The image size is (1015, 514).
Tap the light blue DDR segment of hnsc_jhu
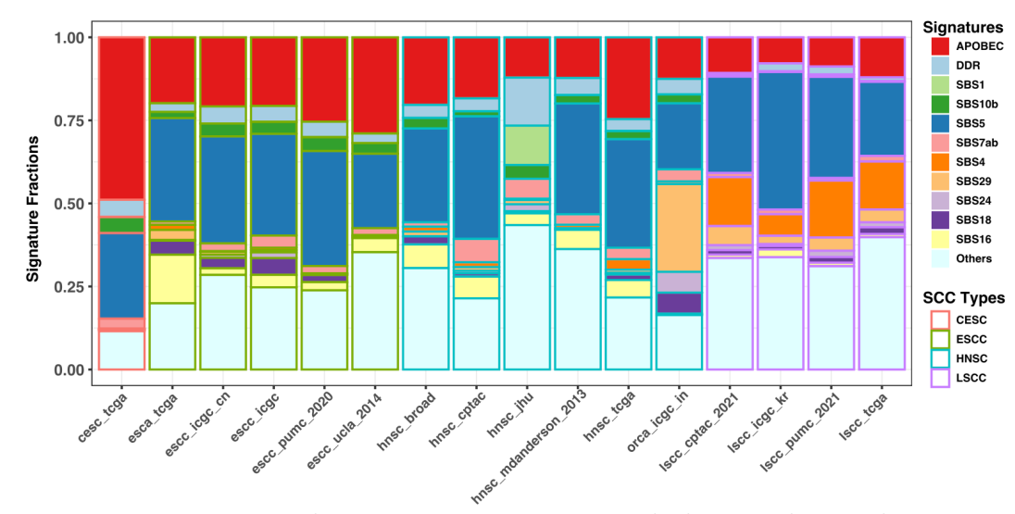click(x=527, y=102)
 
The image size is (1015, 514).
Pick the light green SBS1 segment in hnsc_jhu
click(x=527, y=145)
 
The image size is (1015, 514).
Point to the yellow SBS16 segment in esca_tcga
click(x=172, y=279)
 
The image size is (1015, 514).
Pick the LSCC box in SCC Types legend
click(x=939, y=378)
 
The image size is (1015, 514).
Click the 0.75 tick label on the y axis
click(x=69, y=119)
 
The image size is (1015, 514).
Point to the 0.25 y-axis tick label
click(x=69, y=286)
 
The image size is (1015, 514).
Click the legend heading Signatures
click(x=962, y=27)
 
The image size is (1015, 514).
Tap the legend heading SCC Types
click(x=963, y=298)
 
